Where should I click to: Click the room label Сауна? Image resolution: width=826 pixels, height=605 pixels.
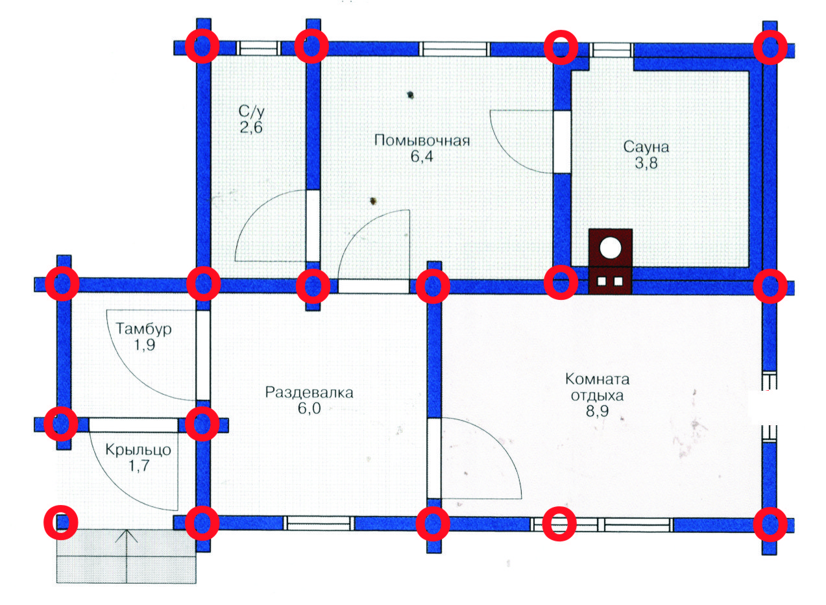(646, 147)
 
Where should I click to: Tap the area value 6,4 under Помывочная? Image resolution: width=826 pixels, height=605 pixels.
(422, 157)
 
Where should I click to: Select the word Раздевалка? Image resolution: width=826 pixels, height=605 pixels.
(309, 393)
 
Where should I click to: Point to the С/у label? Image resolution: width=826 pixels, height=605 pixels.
(252, 111)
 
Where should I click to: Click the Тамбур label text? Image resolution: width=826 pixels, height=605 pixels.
(144, 329)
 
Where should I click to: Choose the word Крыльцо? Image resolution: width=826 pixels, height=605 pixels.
(138, 450)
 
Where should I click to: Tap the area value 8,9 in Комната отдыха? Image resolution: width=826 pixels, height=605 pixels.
(598, 411)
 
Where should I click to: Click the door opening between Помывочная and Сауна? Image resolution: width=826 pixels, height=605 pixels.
(562, 142)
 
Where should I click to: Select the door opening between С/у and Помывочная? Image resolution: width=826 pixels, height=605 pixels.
(313, 226)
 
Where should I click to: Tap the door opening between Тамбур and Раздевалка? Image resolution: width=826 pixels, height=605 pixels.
(203, 355)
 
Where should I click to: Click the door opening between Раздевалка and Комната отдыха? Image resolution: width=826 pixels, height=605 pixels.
(434, 458)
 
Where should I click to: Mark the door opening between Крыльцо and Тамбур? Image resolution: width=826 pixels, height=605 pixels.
(134, 425)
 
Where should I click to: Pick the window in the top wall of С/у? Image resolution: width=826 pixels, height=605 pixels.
(258, 48)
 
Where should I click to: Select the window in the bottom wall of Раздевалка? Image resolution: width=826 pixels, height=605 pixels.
(319, 523)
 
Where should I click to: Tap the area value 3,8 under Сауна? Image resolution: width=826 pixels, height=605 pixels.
(646, 163)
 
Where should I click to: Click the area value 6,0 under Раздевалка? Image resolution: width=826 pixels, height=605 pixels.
(310, 409)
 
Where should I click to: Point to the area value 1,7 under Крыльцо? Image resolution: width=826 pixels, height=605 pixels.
(139, 465)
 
